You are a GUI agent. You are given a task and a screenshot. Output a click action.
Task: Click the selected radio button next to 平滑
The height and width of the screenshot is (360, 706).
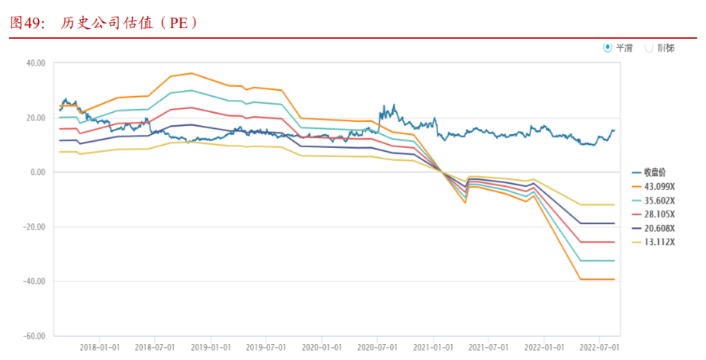[x=608, y=47]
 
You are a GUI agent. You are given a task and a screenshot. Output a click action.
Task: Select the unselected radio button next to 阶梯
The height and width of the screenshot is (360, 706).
[x=649, y=47]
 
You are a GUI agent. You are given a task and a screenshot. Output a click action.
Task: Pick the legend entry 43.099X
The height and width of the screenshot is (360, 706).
[x=659, y=187]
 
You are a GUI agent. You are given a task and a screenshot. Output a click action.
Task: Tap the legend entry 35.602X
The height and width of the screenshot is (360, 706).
[x=659, y=201]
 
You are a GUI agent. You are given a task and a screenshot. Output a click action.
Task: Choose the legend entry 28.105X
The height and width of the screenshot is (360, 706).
[x=659, y=214]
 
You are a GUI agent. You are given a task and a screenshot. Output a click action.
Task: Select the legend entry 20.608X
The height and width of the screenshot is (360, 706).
[x=659, y=228]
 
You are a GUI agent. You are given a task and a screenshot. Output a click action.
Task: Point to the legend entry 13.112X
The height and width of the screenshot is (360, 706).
[x=659, y=242]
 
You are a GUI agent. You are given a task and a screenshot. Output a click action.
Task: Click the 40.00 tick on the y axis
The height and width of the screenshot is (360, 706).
[x=36, y=63]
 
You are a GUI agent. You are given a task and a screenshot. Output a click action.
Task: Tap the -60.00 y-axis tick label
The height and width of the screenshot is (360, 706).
[x=34, y=336]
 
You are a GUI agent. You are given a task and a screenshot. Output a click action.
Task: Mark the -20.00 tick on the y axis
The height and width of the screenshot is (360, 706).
[x=34, y=227]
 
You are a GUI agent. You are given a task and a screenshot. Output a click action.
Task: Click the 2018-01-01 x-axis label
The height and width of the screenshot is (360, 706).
[x=99, y=347]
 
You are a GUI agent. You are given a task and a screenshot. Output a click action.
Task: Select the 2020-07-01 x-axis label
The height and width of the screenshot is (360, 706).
[x=377, y=347]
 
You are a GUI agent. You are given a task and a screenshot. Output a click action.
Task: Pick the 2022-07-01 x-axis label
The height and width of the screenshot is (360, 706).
[x=599, y=347]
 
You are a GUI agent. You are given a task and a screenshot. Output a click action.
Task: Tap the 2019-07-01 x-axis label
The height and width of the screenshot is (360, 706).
[x=266, y=347]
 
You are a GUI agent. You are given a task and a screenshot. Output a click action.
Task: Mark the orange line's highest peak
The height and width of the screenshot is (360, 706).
[x=192, y=73]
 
